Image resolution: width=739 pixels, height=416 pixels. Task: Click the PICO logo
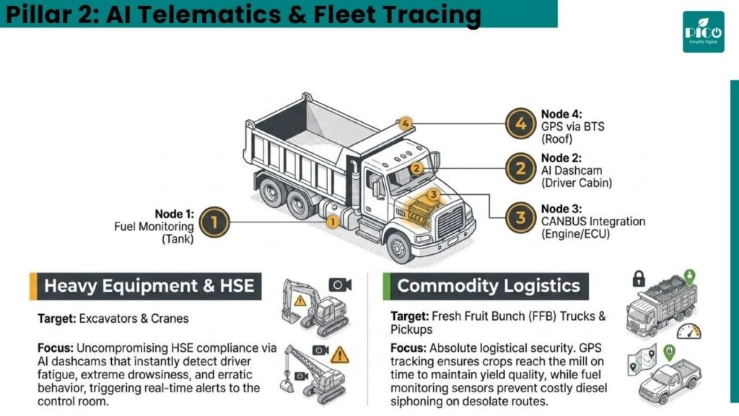pyautogui.click(x=703, y=32)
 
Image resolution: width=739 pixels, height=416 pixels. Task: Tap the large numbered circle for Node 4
pyautogui.click(x=520, y=123)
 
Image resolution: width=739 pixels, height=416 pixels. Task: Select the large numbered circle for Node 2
pyautogui.click(x=520, y=168)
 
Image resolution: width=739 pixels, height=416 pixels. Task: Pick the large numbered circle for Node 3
pyautogui.click(x=520, y=218)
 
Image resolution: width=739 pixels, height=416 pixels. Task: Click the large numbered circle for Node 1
pyautogui.click(x=214, y=222)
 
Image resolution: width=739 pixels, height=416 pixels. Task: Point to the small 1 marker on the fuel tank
pyautogui.click(x=332, y=222)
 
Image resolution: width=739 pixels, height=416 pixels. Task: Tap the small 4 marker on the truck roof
pyautogui.click(x=406, y=124)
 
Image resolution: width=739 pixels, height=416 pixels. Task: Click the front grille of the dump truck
pyautogui.click(x=451, y=222)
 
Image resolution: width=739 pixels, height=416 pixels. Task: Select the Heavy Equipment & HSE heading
pyautogui.click(x=149, y=286)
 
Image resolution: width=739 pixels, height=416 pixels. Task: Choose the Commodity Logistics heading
pyautogui.click(x=489, y=286)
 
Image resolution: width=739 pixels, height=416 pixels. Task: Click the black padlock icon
pyautogui.click(x=639, y=279)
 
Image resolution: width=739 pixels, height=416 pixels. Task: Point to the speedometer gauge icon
pyautogui.click(x=689, y=331)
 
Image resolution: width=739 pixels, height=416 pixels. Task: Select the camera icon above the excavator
pyautogui.click(x=340, y=285)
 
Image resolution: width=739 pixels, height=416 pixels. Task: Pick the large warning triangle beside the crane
pyautogui.click(x=340, y=355)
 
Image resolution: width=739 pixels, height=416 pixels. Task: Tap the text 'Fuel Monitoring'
pyautogui.click(x=154, y=226)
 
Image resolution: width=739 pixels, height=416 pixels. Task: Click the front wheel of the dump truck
pyautogui.click(x=399, y=248)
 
